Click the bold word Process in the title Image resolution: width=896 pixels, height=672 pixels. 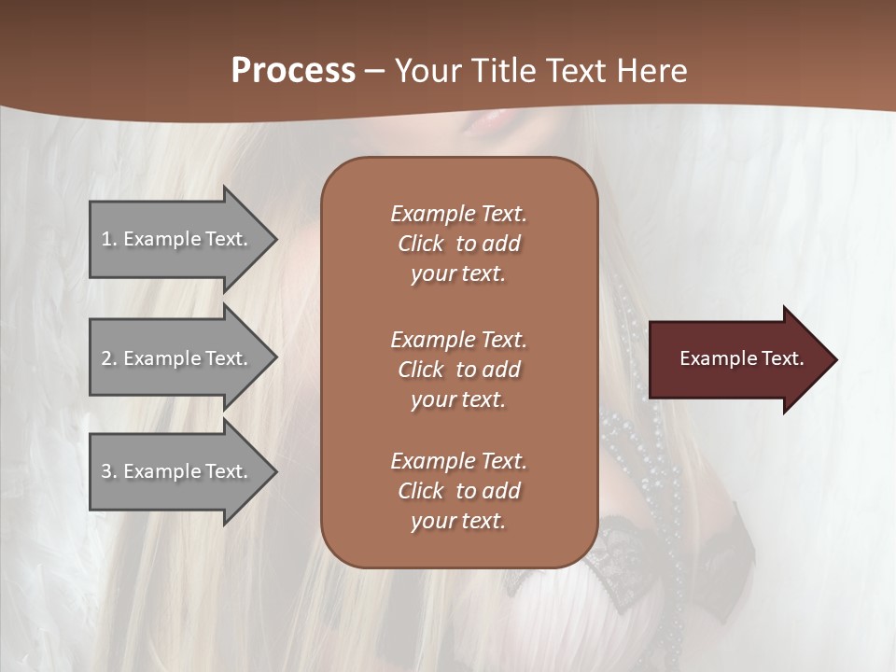coord(293,71)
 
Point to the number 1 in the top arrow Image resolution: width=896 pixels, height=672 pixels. coord(107,239)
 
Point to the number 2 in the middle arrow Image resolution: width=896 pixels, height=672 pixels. coord(107,358)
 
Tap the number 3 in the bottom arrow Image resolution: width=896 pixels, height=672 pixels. coord(107,471)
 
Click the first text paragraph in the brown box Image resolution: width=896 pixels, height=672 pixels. coord(458,244)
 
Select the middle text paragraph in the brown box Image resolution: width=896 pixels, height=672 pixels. coord(458,370)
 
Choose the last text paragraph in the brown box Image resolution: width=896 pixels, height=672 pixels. coord(458,491)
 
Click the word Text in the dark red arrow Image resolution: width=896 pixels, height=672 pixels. coord(783,358)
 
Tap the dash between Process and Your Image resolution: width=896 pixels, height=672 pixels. coord(375,72)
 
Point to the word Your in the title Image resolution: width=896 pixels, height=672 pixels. coord(427,71)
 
